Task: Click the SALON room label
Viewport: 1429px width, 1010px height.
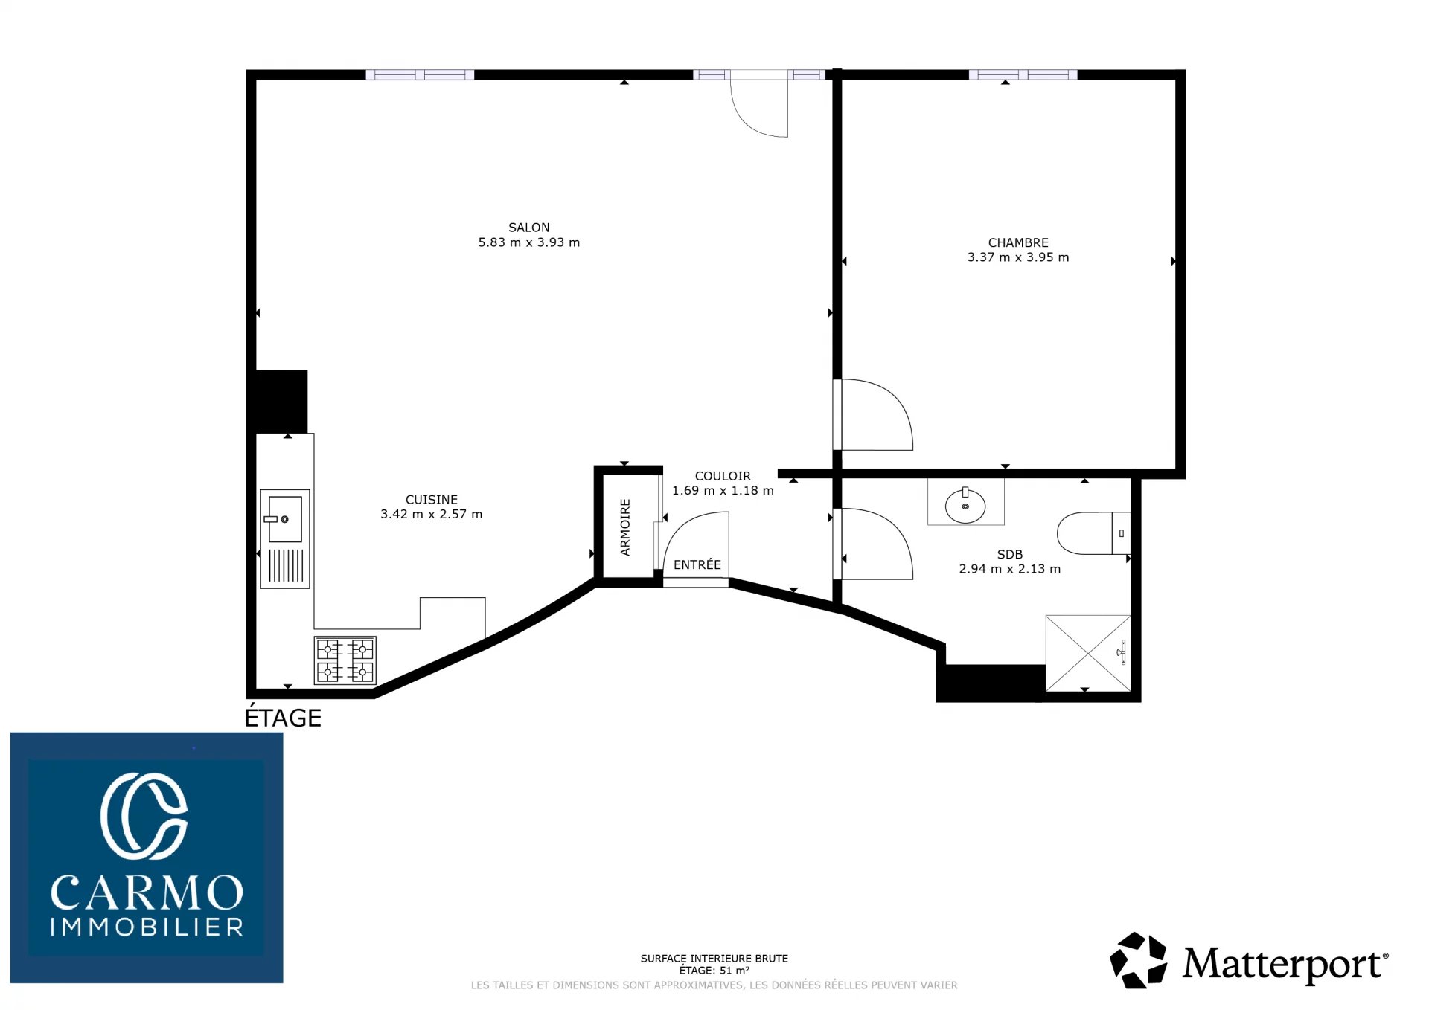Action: [x=528, y=228]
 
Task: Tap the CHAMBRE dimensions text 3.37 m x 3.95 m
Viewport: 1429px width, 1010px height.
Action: [x=1017, y=257]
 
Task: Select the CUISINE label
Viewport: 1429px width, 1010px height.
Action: [x=431, y=500]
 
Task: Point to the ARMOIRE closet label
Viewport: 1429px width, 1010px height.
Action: [x=625, y=527]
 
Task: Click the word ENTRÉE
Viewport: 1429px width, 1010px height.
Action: [x=697, y=564]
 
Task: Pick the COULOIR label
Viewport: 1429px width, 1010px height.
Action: [x=723, y=476]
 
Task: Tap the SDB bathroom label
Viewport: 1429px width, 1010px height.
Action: [x=1009, y=555]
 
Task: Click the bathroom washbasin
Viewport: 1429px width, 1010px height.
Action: [x=965, y=506]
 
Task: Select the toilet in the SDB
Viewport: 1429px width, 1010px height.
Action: [x=1093, y=533]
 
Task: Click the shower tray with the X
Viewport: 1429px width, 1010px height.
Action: [x=1088, y=653]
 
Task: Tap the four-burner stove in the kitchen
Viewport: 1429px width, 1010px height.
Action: [x=345, y=660]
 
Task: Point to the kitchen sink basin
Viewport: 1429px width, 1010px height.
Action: [x=284, y=518]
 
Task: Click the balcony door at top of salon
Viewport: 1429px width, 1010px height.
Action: [x=758, y=104]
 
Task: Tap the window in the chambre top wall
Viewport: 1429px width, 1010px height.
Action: [x=1023, y=74]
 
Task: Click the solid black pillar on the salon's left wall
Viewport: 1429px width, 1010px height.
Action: [x=281, y=402]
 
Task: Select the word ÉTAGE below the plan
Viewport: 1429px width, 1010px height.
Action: [x=283, y=718]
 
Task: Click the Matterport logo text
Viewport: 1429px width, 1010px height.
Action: [x=1285, y=964]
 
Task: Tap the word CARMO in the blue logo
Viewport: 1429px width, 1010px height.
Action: [x=147, y=892]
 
